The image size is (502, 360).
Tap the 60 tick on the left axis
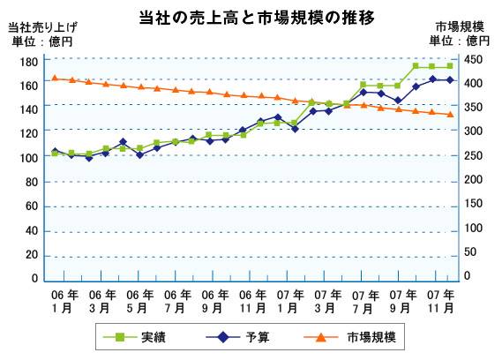click(x=31, y=206)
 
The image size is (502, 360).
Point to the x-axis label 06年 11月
click(x=252, y=301)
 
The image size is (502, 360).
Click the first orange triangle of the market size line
click(x=55, y=78)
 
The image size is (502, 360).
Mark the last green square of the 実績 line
click(x=450, y=66)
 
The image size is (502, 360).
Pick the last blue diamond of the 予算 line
click(x=450, y=80)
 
